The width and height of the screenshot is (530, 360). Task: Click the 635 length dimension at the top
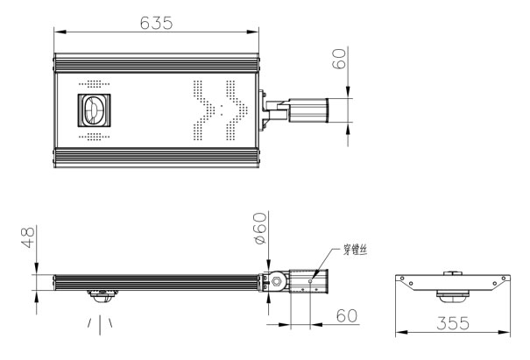[x=156, y=23]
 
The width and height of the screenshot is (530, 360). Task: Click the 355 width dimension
[x=453, y=323]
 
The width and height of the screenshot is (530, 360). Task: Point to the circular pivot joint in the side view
[x=278, y=281]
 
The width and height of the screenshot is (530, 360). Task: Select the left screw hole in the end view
[x=402, y=279]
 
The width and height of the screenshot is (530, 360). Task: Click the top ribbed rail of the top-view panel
[x=157, y=62]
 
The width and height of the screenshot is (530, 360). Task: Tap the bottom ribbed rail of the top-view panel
[x=157, y=159]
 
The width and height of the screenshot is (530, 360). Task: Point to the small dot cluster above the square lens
[x=95, y=84]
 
